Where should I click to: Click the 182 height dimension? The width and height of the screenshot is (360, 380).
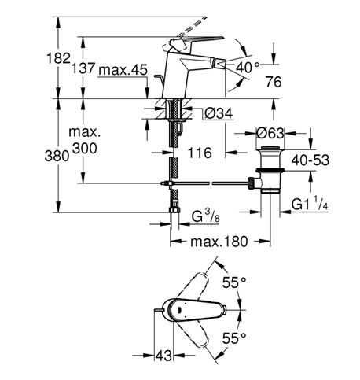point(58,58)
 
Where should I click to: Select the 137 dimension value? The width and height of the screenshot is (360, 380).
point(83,68)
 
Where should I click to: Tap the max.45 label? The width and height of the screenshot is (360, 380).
point(123,70)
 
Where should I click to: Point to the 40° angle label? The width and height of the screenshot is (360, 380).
point(247,67)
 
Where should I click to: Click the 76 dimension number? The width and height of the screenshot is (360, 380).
point(274,82)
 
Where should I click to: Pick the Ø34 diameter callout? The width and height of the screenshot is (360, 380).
point(219,113)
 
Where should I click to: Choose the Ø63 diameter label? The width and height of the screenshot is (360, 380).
point(270,133)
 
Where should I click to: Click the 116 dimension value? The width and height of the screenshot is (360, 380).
point(200,153)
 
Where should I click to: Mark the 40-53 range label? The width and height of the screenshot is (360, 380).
point(310,160)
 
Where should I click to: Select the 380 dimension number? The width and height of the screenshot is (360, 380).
point(57,156)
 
